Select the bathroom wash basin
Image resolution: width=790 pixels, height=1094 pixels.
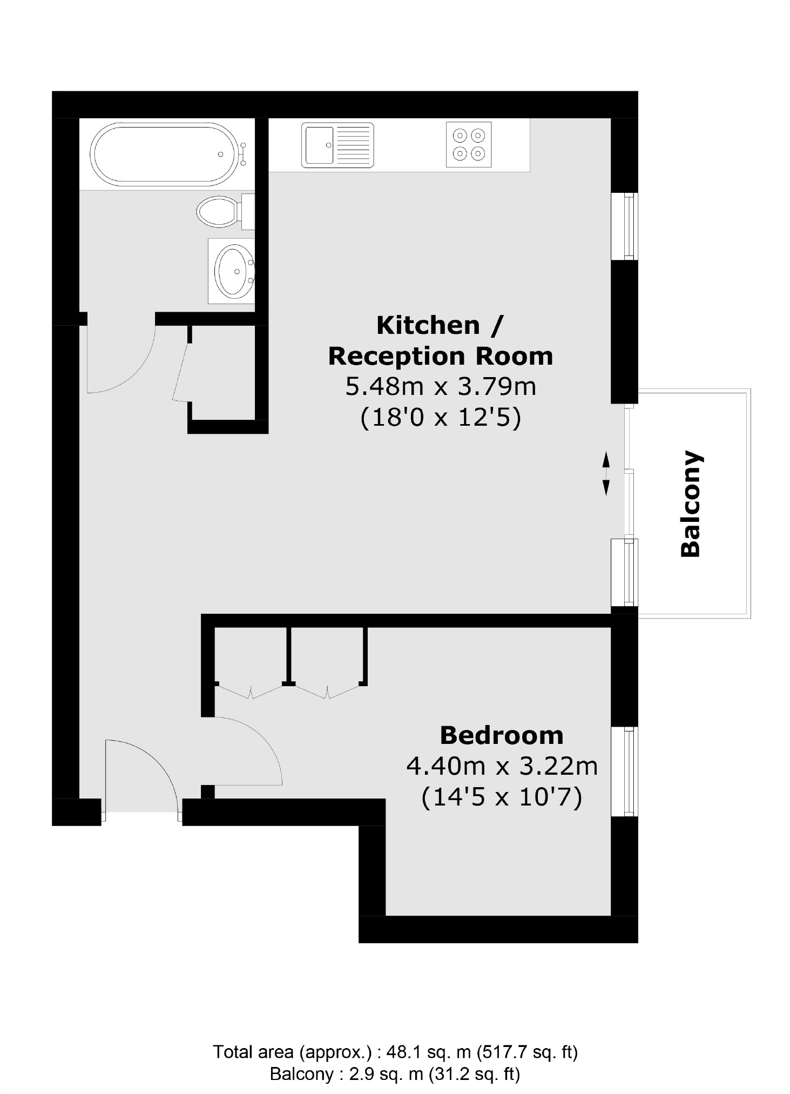pyautogui.click(x=233, y=271)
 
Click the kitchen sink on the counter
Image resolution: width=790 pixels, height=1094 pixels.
pyautogui.click(x=337, y=145)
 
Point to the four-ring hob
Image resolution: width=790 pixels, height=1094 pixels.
pyautogui.click(x=468, y=145)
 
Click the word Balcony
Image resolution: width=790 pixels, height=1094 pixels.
pyautogui.click(x=691, y=503)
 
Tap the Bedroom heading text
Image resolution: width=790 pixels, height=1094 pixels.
pyautogui.click(x=501, y=735)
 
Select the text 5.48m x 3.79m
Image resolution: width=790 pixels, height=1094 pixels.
pyautogui.click(x=440, y=387)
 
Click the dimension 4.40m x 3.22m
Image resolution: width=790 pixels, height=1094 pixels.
pyautogui.click(x=501, y=766)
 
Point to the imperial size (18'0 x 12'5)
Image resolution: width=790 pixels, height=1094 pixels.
pyautogui.click(x=440, y=418)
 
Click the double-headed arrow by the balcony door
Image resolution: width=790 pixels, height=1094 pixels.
pyautogui.click(x=605, y=473)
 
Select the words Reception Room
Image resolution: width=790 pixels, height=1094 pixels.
pyautogui.click(x=440, y=357)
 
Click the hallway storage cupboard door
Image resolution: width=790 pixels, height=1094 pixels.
pyautogui.click(x=181, y=373)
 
